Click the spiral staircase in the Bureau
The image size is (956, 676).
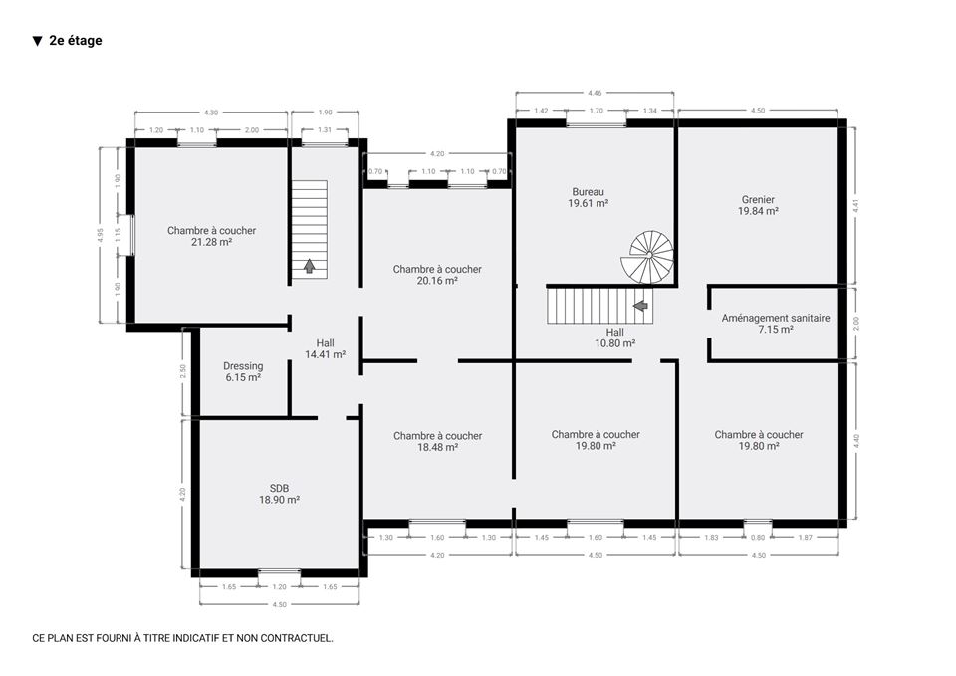tap(648, 257)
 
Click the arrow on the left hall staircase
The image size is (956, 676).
tap(309, 266)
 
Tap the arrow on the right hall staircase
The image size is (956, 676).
tap(640, 305)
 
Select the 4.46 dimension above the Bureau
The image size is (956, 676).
tap(595, 93)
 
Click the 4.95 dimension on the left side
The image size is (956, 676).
tap(101, 235)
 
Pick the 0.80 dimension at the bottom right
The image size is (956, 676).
tap(757, 537)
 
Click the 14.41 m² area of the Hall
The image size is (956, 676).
tap(326, 354)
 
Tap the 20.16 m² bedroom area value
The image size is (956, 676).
tap(437, 281)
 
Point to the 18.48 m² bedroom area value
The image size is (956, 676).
tap(438, 447)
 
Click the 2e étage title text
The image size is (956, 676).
tap(76, 40)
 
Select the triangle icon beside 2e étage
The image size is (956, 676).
tap(37, 41)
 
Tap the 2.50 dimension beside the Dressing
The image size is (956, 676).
tap(183, 371)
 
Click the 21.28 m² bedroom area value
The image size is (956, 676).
tap(211, 242)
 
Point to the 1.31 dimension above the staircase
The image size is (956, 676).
tap(325, 129)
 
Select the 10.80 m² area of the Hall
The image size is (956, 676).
tap(615, 343)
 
